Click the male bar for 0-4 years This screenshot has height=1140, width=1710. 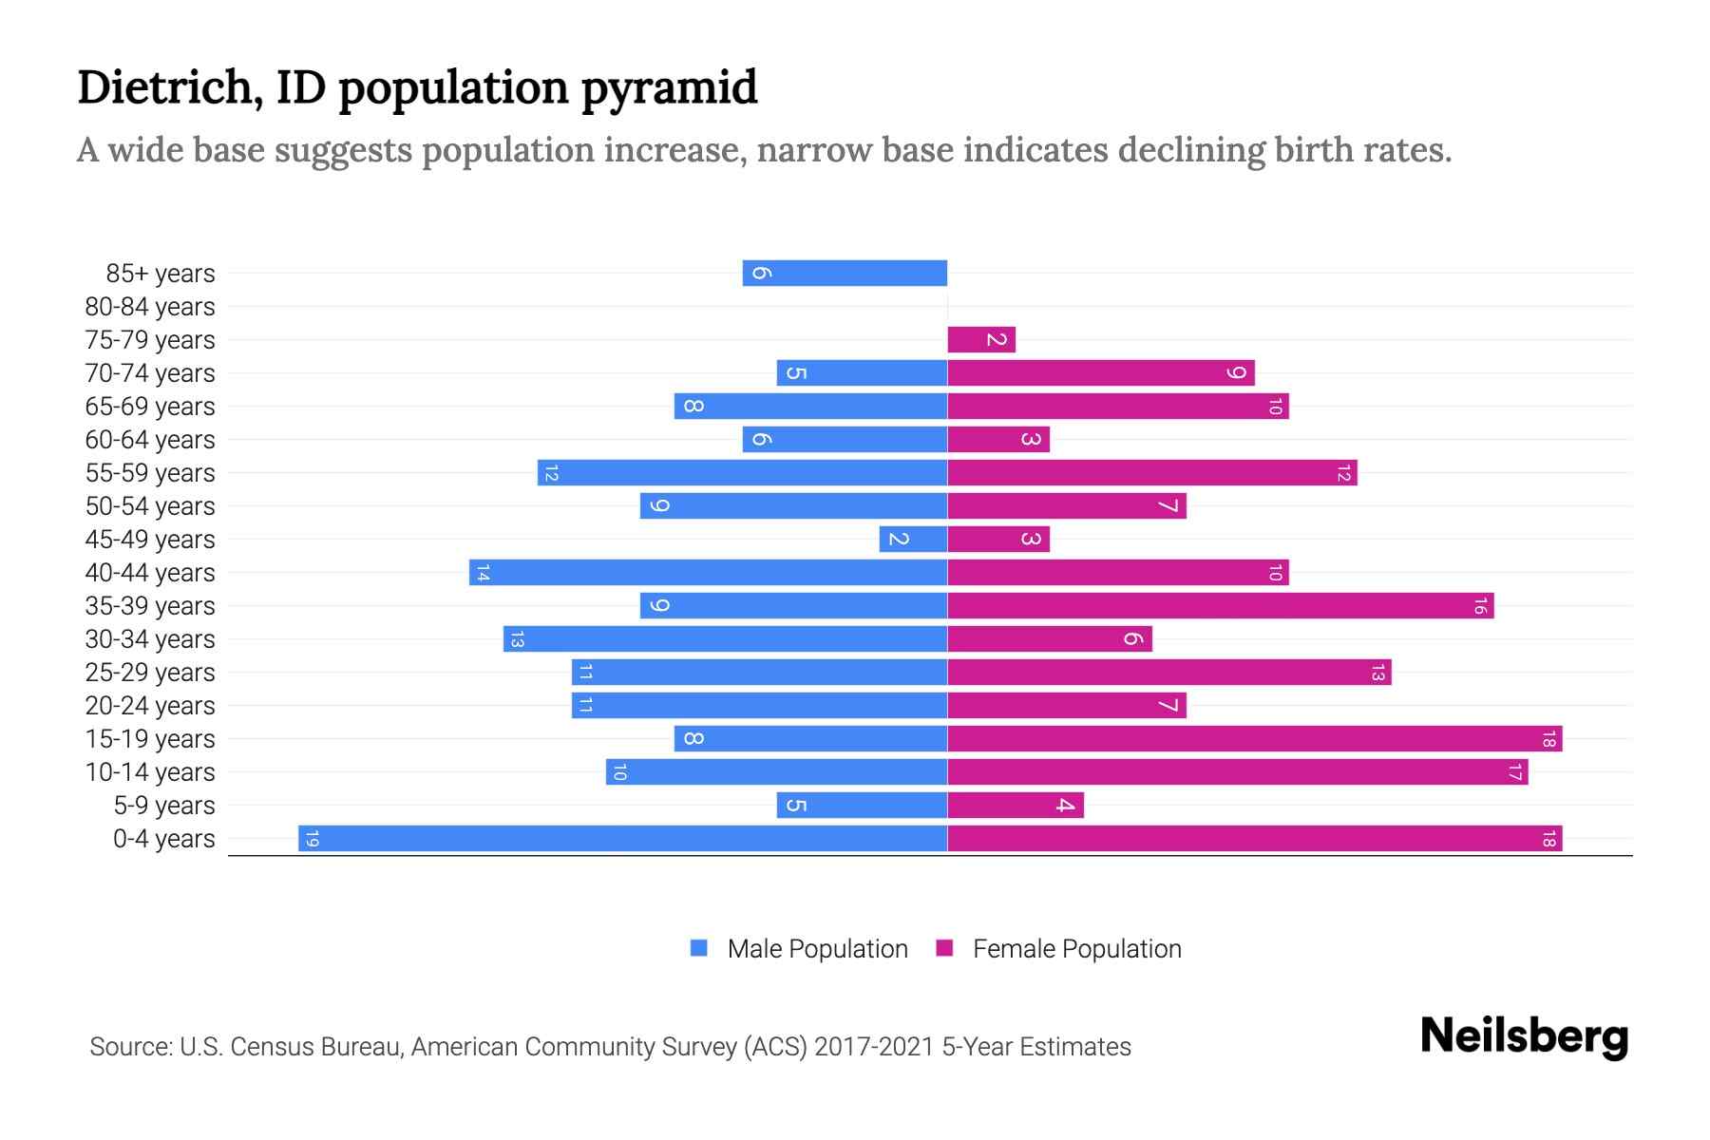click(622, 839)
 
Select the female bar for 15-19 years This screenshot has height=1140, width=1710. click(1254, 739)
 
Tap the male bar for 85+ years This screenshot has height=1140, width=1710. click(845, 274)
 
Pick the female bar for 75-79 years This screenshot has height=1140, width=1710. click(981, 340)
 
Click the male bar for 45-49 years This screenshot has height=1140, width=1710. click(913, 540)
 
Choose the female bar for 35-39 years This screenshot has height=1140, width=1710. click(1220, 606)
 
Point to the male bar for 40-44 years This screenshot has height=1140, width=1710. click(708, 573)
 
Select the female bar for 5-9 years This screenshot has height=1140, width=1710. click(1016, 806)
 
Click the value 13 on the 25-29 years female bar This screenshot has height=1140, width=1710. click(1377, 673)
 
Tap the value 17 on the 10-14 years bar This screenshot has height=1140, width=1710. click(1514, 772)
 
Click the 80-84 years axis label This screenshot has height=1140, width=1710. click(150, 307)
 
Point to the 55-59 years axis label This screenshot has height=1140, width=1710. click(150, 473)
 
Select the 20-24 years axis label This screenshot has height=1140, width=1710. click(150, 706)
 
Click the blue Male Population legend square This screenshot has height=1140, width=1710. click(699, 948)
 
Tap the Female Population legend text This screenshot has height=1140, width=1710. click(1076, 949)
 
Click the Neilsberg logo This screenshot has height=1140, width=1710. click(1524, 1036)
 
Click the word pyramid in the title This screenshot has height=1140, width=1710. click(669, 87)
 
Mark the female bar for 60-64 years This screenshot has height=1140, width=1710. click(998, 440)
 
